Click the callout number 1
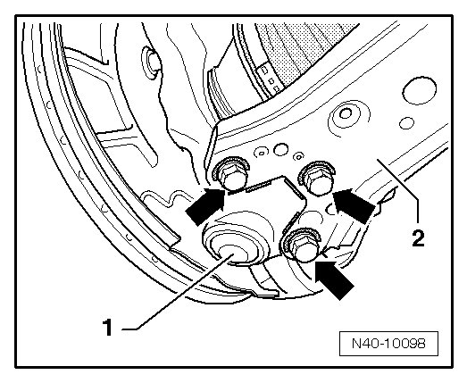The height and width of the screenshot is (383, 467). (x=107, y=327)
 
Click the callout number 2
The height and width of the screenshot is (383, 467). (x=418, y=237)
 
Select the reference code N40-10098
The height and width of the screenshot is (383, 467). (x=388, y=344)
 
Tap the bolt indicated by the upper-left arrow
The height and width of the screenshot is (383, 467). (x=230, y=174)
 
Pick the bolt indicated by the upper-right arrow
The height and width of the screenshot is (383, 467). (x=318, y=178)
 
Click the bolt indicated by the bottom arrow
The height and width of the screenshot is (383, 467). (x=302, y=245)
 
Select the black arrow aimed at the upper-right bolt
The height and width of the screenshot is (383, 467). (x=354, y=204)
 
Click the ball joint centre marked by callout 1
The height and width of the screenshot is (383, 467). (x=228, y=254)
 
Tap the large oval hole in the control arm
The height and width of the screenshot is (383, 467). (x=420, y=90)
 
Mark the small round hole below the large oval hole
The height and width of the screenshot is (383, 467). (x=406, y=123)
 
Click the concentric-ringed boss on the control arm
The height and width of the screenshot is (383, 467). (x=346, y=114)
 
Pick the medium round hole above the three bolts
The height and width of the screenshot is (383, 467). (x=281, y=149)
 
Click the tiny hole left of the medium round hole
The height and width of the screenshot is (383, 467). (x=262, y=153)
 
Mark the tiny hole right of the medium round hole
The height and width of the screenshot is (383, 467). (x=298, y=155)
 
